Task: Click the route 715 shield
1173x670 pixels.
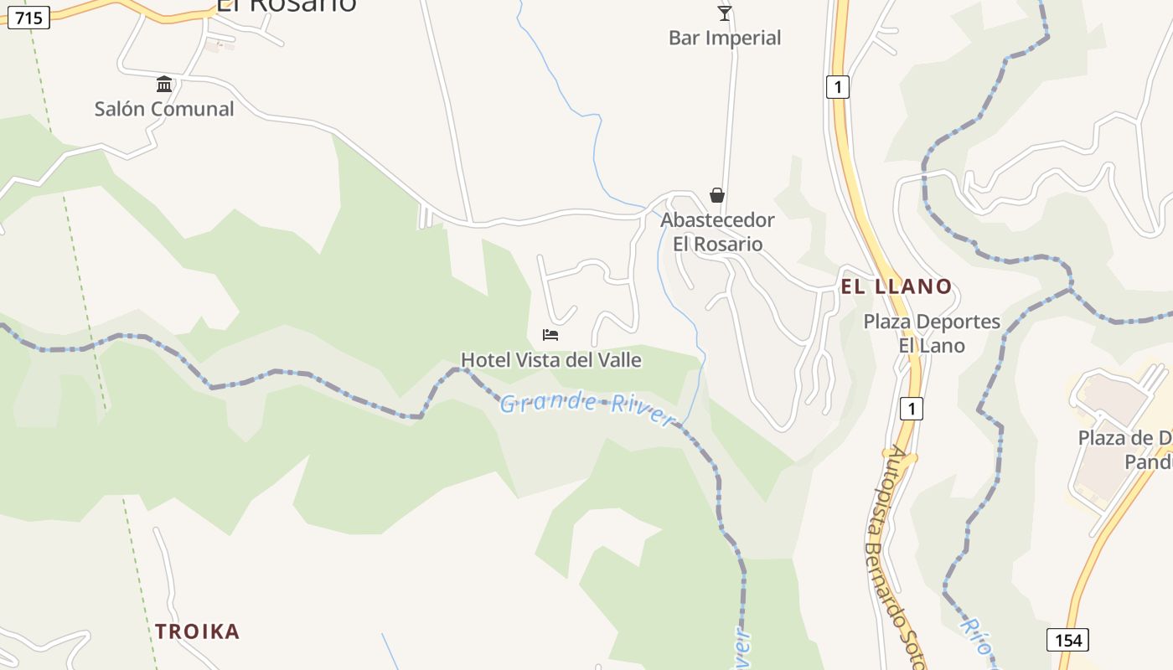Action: coord(28,18)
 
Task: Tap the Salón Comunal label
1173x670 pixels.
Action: coord(164,109)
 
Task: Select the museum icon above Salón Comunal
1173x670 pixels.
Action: coord(164,84)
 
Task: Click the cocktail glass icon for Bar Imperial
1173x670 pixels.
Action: coord(725,13)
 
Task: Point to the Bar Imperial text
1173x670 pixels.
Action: coord(725,38)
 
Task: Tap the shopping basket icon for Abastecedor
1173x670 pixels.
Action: coord(717,195)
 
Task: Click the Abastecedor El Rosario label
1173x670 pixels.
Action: coord(717,232)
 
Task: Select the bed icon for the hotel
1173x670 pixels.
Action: coord(550,335)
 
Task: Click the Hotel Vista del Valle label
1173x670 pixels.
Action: coord(550,360)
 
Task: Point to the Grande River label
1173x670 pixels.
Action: coord(586,405)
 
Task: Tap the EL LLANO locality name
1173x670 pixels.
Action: coord(897,286)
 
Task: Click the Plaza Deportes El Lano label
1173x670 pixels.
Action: coord(932,333)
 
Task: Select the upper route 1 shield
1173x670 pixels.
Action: coord(838,86)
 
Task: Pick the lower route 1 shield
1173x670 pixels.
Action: coord(912,409)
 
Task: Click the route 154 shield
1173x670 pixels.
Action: coord(1067,640)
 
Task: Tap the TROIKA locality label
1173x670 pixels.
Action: coord(197,631)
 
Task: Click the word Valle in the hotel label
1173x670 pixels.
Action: coord(618,360)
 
